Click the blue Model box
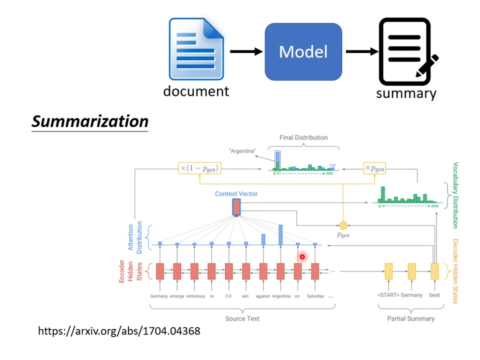[303, 51]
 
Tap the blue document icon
[195, 49]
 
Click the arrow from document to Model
[246, 51]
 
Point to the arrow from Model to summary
[361, 51]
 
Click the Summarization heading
[90, 121]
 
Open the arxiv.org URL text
[119, 331]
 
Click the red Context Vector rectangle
[236, 206]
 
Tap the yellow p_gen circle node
[343, 226]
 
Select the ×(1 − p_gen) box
[198, 168]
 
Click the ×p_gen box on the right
[374, 168]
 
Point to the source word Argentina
[281, 296]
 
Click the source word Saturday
[315, 296]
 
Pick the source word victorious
[195, 296]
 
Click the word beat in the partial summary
[434, 295]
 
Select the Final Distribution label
[303, 137]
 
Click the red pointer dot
[302, 257]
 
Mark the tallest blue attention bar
[280, 235]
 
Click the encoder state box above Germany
[159, 271]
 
